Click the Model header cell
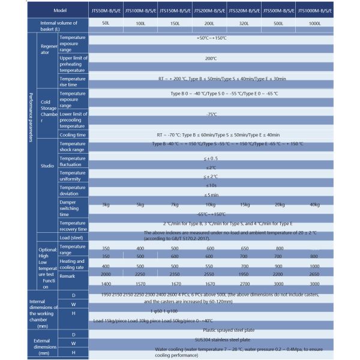[59, 10]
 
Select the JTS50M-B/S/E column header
[106, 10]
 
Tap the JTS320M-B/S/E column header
[245, 10]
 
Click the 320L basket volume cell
[245, 25]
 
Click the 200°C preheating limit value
[210, 59]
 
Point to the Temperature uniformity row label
[73, 175]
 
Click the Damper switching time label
[73, 208]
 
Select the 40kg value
[314, 205]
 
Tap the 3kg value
[106, 205]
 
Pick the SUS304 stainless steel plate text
[210, 339]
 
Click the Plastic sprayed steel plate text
[210, 329]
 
